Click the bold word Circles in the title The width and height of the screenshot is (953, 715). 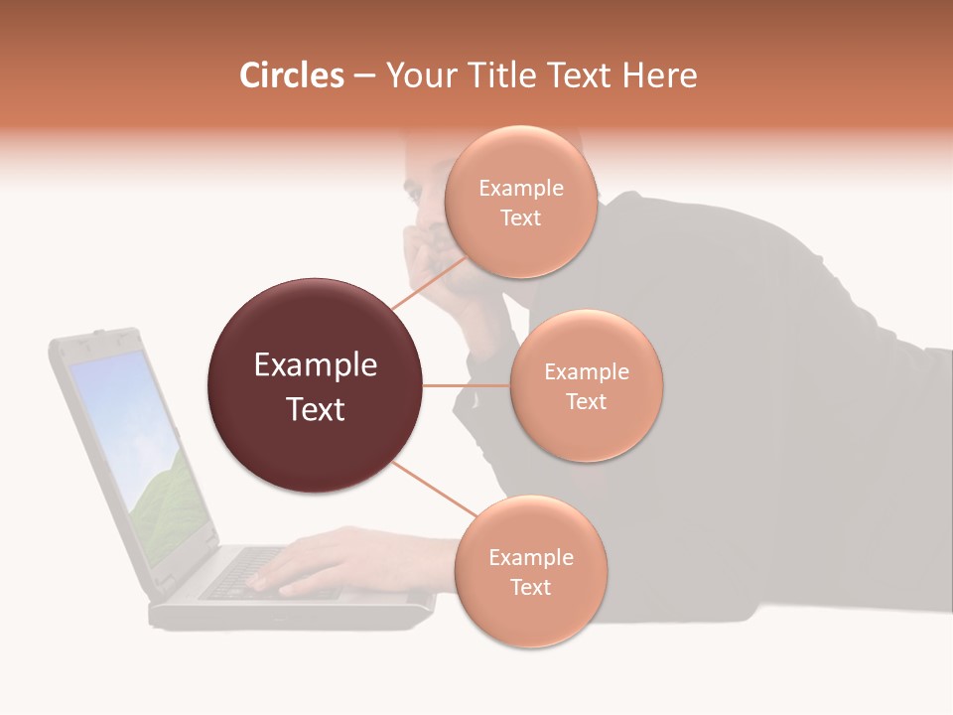point(292,75)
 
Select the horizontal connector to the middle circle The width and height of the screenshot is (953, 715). point(467,385)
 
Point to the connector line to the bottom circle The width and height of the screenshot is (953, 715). point(434,490)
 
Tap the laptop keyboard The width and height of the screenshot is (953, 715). point(248,576)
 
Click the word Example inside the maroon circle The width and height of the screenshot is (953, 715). point(315,365)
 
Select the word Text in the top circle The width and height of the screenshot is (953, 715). point(520,217)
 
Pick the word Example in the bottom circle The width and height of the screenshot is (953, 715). point(530,557)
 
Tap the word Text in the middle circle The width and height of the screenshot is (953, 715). point(586,401)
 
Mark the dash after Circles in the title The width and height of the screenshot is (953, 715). point(363,76)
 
